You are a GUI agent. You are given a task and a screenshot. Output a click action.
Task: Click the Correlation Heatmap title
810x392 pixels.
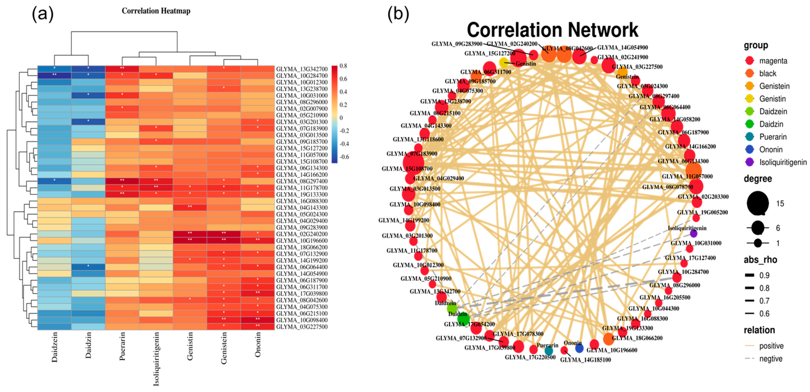(x=156, y=11)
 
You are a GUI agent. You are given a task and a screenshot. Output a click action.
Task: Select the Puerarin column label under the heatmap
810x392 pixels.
(x=122, y=346)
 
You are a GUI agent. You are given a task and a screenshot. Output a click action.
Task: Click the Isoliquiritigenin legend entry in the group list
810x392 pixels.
(x=782, y=162)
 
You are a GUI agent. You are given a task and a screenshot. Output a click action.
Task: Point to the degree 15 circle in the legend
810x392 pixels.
(x=758, y=203)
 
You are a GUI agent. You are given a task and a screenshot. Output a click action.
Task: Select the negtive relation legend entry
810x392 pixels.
(x=770, y=359)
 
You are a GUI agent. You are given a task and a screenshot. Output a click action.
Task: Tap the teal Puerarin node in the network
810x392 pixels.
(x=549, y=351)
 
